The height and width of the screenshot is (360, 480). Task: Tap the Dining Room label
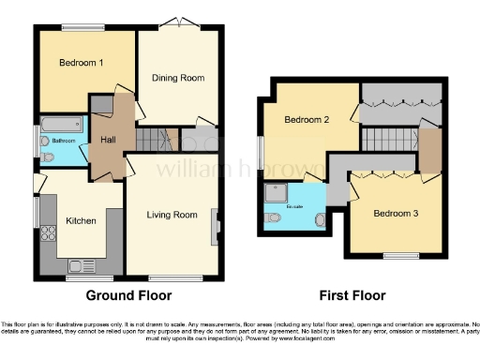178,78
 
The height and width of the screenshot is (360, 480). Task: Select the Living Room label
172,215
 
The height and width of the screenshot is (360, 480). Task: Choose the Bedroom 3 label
395,213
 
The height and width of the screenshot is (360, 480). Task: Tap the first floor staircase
389,138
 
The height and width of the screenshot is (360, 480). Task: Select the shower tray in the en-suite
278,191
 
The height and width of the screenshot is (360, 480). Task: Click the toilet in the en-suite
273,218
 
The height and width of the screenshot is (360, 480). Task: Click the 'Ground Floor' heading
128,295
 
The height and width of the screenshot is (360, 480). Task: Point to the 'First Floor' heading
353,295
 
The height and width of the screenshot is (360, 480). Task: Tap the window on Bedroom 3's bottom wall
401,256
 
